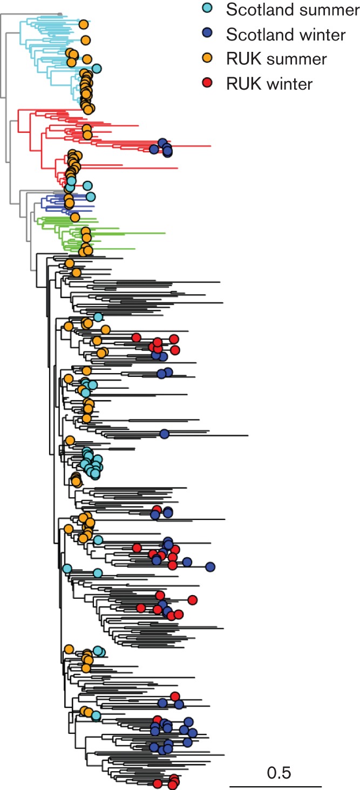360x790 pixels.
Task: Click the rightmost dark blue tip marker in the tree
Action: click(x=210, y=566)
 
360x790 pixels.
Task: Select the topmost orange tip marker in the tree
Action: click(x=83, y=24)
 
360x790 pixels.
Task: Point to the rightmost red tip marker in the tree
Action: click(x=193, y=599)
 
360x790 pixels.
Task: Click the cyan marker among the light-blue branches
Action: click(x=97, y=69)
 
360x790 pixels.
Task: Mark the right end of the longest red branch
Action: click(x=210, y=146)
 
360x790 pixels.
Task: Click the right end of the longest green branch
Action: click(x=165, y=233)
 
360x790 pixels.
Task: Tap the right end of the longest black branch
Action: click(x=248, y=435)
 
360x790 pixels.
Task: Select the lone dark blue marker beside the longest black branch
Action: click(x=165, y=434)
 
